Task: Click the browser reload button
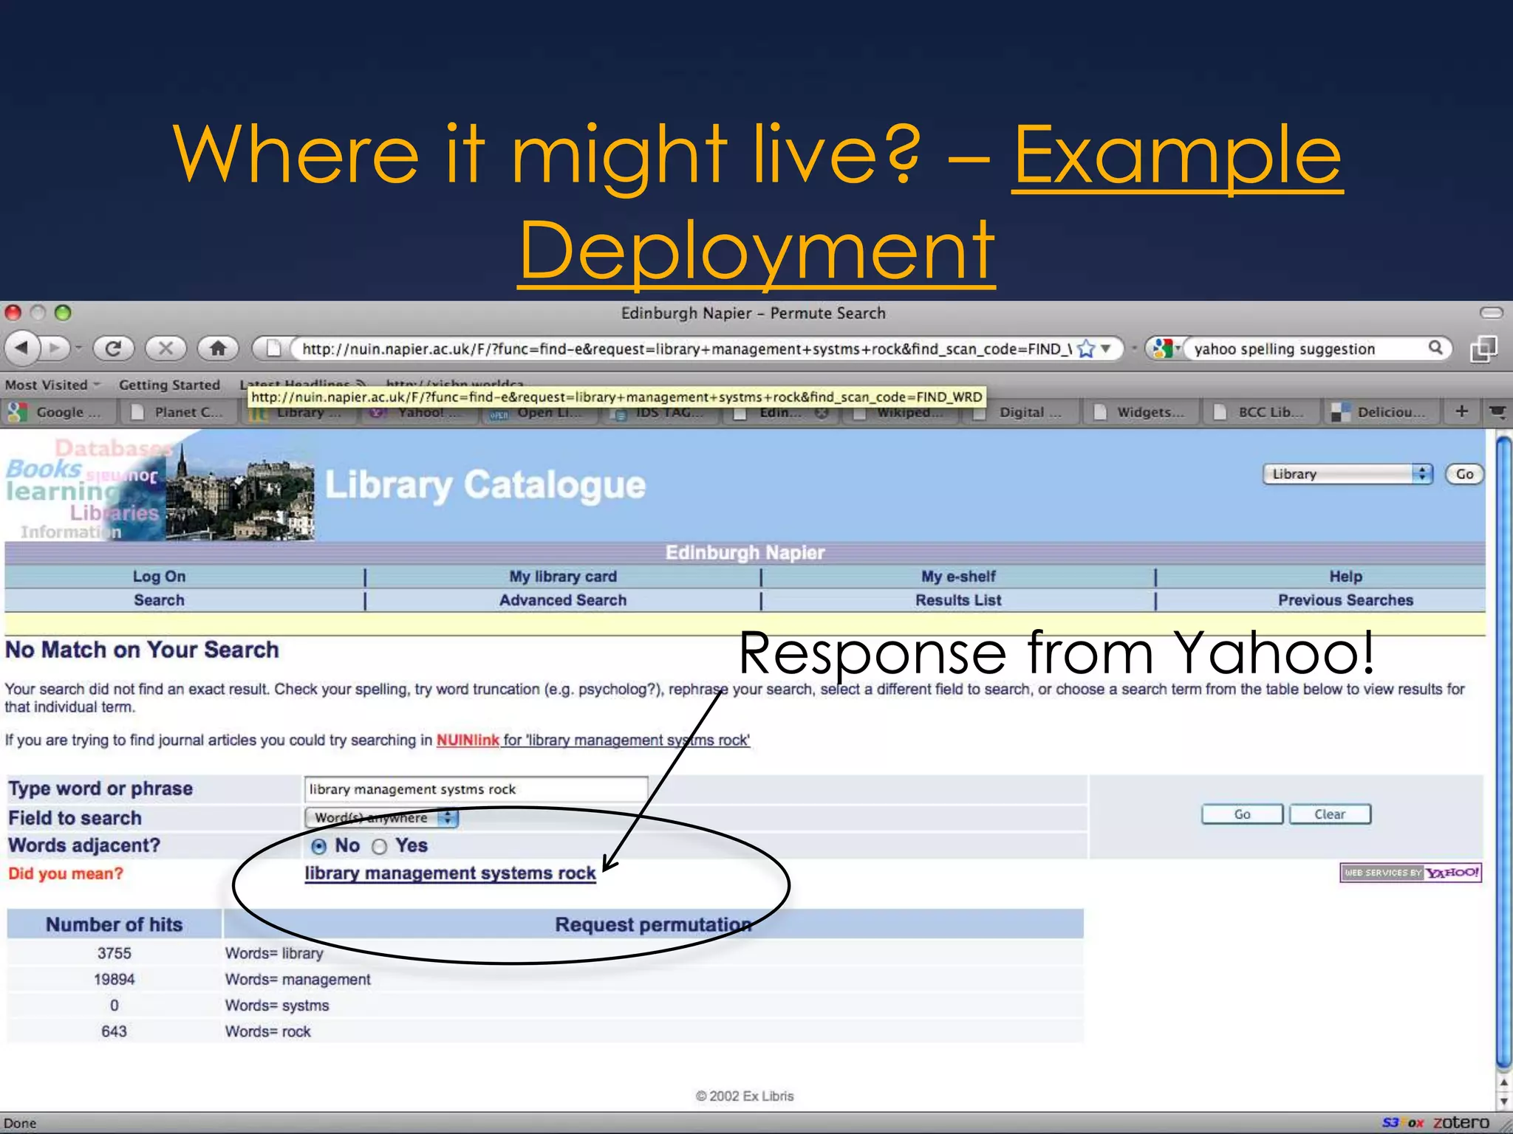(x=113, y=348)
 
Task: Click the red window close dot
(x=13, y=313)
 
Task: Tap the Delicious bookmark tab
(x=1381, y=412)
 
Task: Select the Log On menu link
(x=159, y=577)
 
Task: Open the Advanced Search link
(x=562, y=600)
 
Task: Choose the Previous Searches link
(x=1345, y=600)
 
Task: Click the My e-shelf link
(x=958, y=577)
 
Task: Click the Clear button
(x=1330, y=814)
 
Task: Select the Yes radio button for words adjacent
(x=380, y=847)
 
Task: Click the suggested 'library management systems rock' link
(x=450, y=873)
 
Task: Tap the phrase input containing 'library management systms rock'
(x=475, y=789)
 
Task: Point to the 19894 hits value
(x=114, y=980)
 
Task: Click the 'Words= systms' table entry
(x=277, y=1006)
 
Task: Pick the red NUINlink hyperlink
(x=468, y=740)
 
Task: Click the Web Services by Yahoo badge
(x=1410, y=873)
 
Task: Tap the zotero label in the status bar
(x=1461, y=1123)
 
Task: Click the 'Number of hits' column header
(x=114, y=925)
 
